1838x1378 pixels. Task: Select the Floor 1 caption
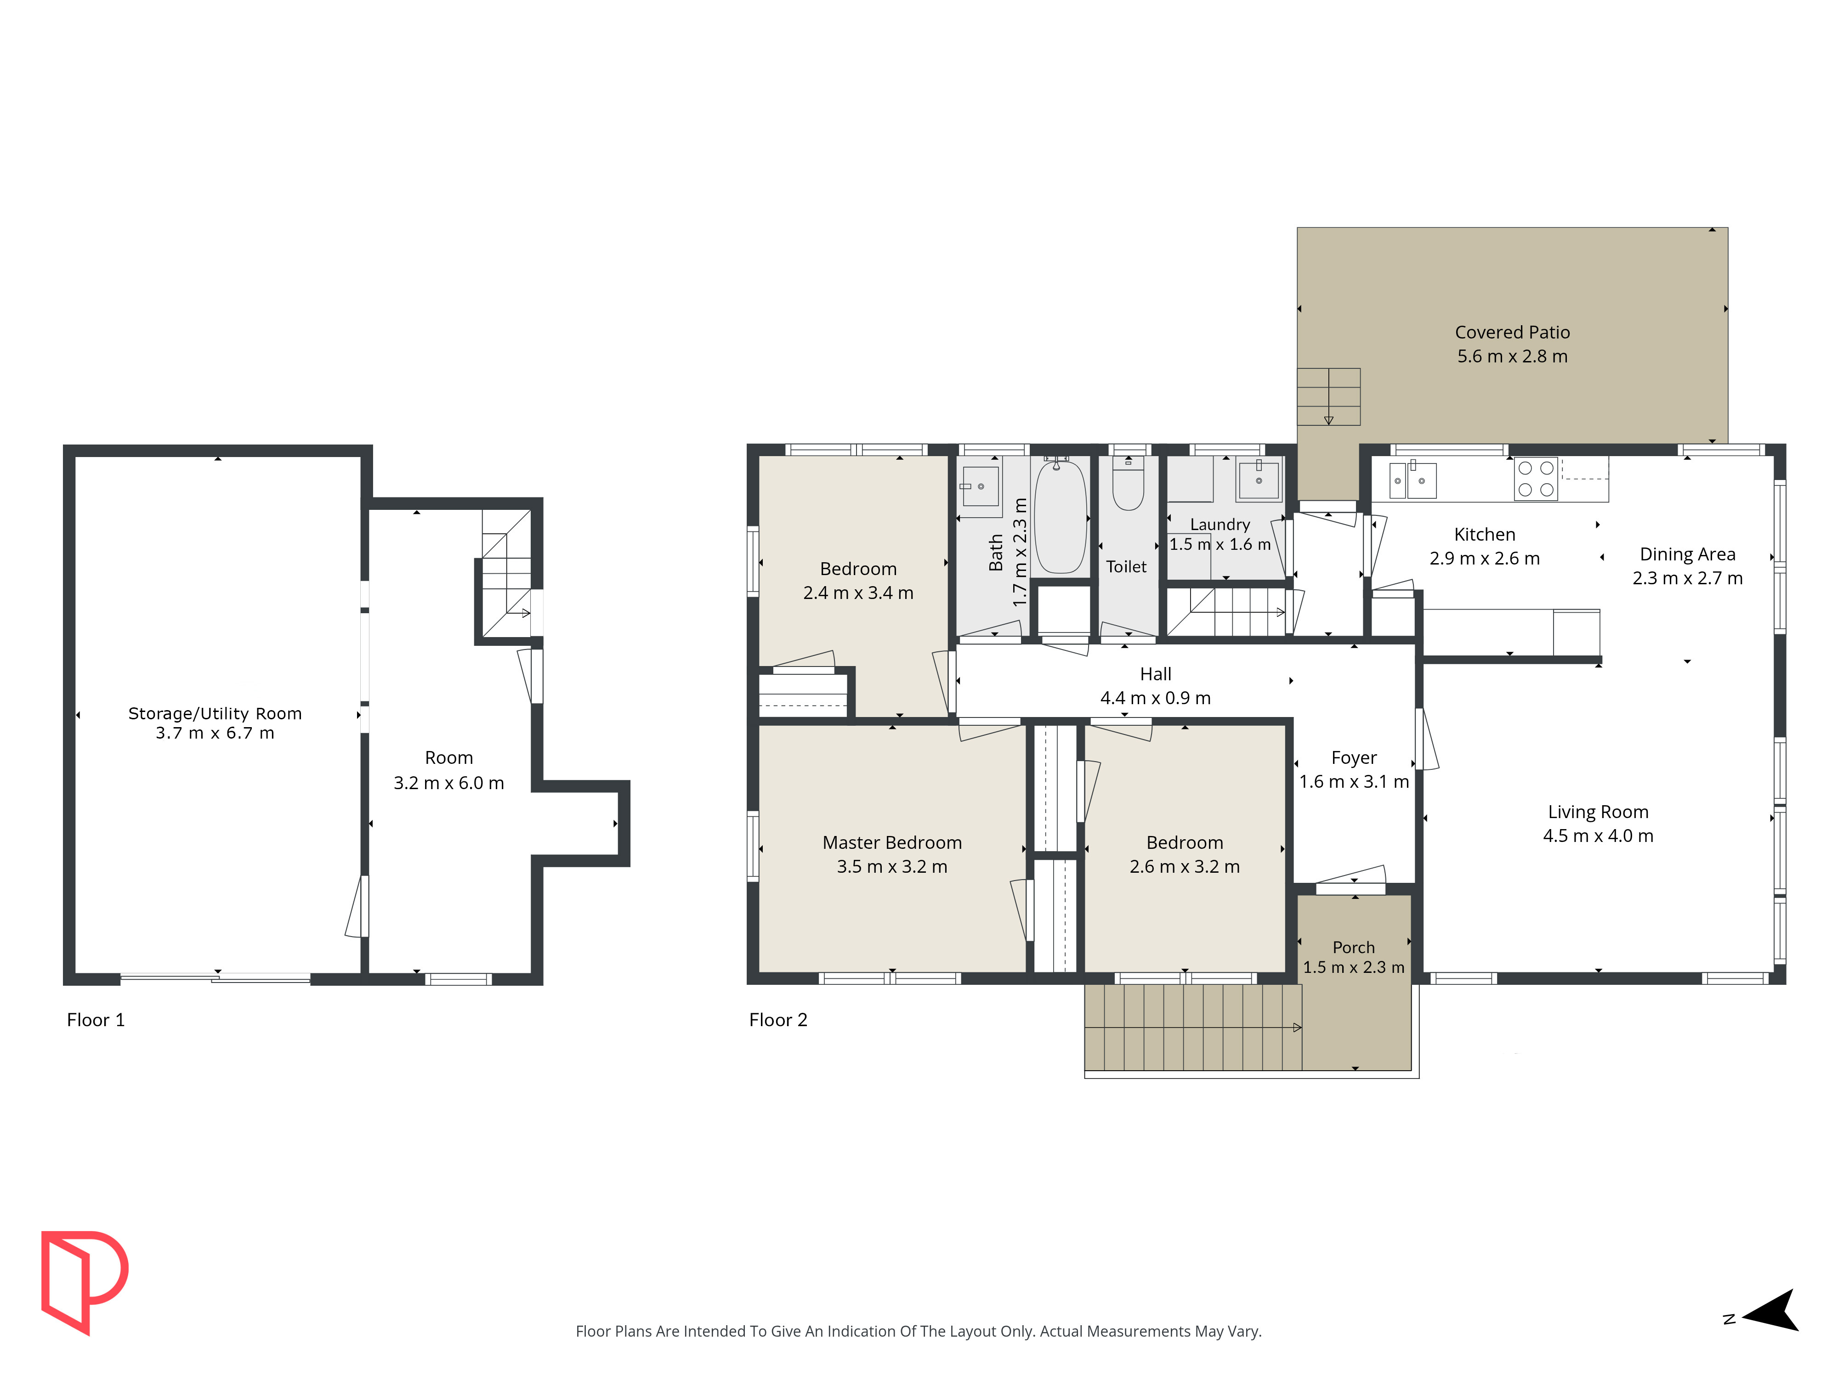[96, 1020]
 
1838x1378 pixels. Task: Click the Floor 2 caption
[778, 1020]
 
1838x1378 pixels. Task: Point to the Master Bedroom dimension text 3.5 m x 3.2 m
[891, 866]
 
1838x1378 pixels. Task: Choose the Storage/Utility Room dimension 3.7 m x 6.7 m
[215, 733]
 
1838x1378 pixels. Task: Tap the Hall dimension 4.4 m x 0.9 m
[1155, 698]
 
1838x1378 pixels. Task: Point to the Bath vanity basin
[981, 486]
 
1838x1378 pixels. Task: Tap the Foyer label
[1354, 757]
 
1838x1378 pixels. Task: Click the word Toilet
[1126, 566]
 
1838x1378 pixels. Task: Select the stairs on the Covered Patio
[1329, 396]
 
